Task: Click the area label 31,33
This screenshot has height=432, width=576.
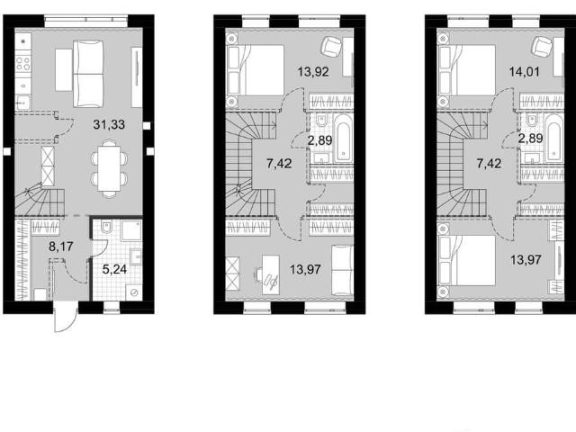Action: click(109, 125)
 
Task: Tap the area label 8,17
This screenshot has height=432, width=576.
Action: click(61, 247)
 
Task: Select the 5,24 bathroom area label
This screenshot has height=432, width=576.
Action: click(114, 270)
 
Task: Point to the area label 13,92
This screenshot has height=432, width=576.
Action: click(313, 72)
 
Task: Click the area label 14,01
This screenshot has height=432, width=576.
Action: click(524, 71)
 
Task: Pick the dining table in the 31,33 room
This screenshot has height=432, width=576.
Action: click(110, 168)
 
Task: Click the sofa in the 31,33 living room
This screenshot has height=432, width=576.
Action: click(88, 74)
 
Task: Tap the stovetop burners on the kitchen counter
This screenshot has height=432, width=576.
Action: click(23, 63)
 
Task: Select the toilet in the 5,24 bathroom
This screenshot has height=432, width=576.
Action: click(106, 228)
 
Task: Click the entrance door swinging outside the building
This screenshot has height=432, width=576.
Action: click(66, 317)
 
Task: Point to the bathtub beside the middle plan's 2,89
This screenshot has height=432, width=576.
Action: click(344, 137)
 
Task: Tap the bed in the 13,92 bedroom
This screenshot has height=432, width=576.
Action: click(256, 70)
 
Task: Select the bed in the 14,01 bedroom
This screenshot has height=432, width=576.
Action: click(467, 70)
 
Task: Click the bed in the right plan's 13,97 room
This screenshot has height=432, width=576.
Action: click(467, 260)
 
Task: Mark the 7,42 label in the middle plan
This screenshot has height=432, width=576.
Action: click(279, 164)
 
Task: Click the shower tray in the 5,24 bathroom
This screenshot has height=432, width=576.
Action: click(131, 230)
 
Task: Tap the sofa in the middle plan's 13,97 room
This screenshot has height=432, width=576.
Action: click(343, 270)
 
